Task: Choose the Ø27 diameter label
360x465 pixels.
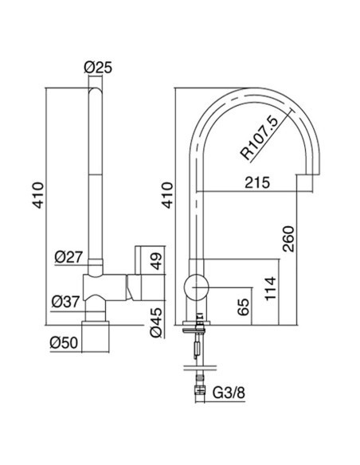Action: [x=67, y=256]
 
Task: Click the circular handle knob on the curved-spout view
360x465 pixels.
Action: [x=195, y=287]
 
